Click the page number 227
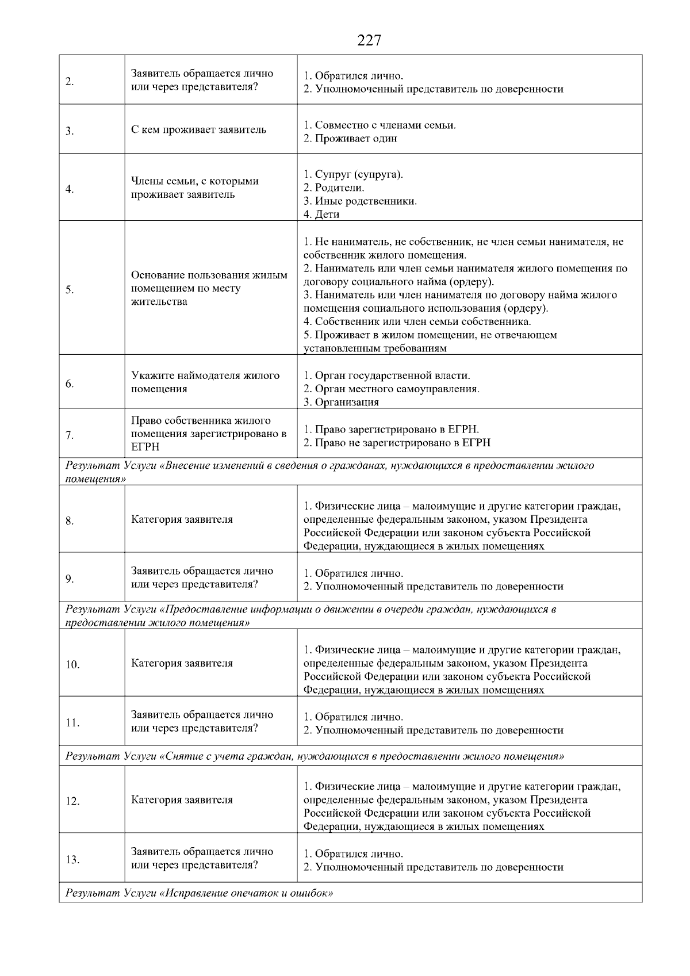(x=369, y=41)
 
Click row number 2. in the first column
(x=70, y=82)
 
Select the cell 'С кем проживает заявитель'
(x=198, y=129)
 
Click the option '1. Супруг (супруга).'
(x=353, y=174)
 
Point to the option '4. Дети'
(x=321, y=215)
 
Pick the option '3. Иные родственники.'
(x=360, y=201)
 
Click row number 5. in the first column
(x=70, y=290)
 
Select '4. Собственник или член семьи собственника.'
(x=417, y=321)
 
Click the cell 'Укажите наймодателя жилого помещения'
(x=205, y=382)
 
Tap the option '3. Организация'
(x=341, y=402)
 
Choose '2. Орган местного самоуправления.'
(x=392, y=389)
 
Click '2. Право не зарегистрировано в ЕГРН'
(x=397, y=443)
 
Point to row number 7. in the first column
(x=70, y=435)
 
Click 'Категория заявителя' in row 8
(x=182, y=519)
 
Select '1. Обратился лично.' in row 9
(x=353, y=573)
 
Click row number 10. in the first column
(x=72, y=665)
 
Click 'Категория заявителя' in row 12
(x=182, y=800)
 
